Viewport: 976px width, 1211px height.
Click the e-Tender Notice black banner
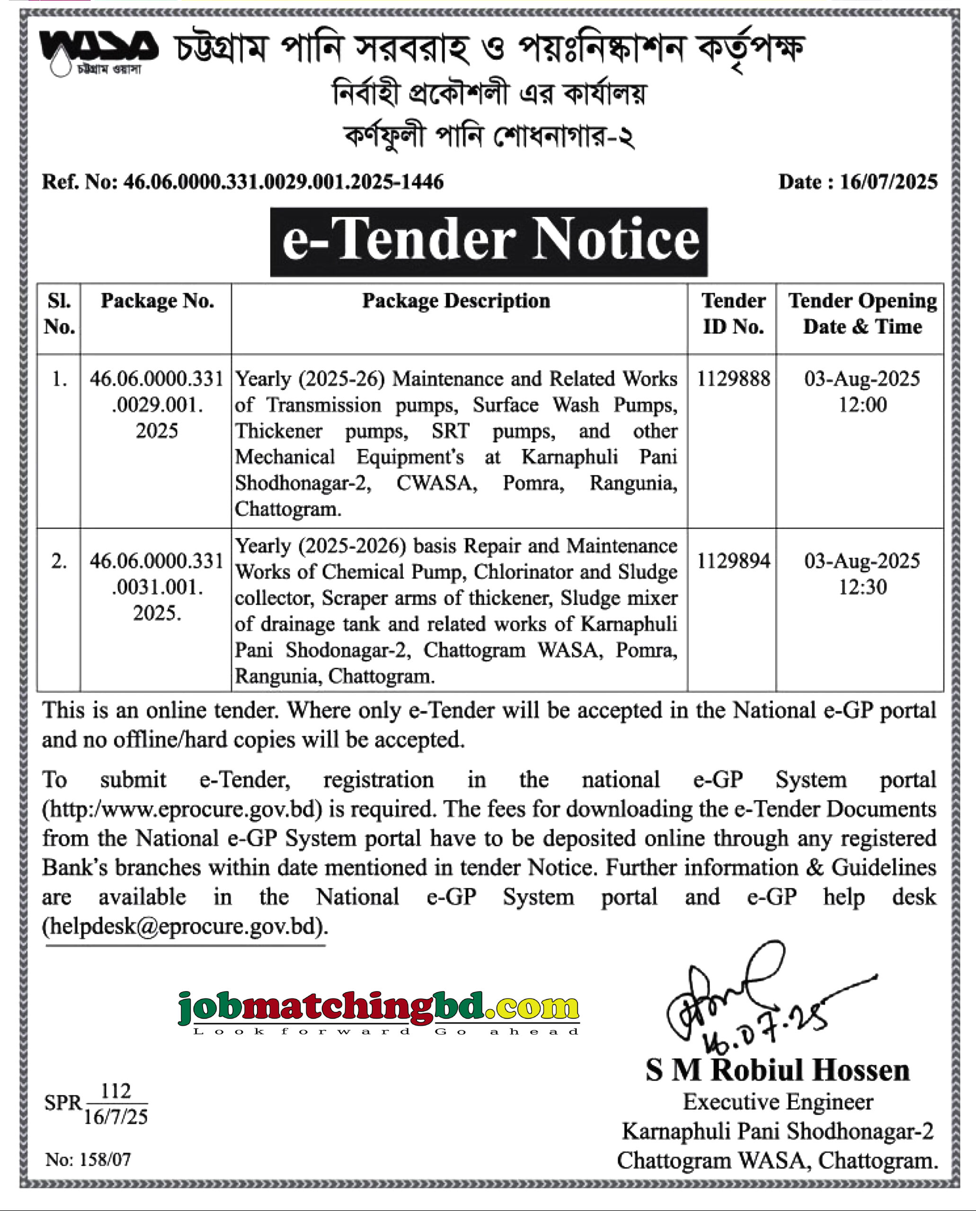(488, 242)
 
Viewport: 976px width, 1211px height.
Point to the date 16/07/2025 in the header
(888, 182)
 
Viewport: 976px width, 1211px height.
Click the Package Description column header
(456, 301)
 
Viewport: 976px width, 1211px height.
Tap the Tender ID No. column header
(733, 314)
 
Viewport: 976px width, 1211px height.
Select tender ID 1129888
(733, 379)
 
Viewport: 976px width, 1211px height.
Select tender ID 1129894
(733, 561)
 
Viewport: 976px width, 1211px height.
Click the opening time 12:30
(862, 587)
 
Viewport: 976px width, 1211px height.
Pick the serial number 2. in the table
(59, 561)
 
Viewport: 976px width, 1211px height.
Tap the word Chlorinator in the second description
(523, 572)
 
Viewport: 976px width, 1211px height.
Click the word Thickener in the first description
(279, 431)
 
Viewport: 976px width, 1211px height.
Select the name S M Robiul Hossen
(778, 1071)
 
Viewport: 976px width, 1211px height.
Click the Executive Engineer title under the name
(778, 1103)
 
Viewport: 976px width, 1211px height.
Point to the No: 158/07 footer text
(88, 1159)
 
